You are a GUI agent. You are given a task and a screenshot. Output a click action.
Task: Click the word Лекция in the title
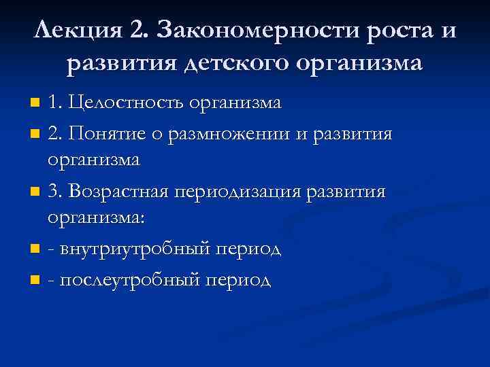coord(74,31)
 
